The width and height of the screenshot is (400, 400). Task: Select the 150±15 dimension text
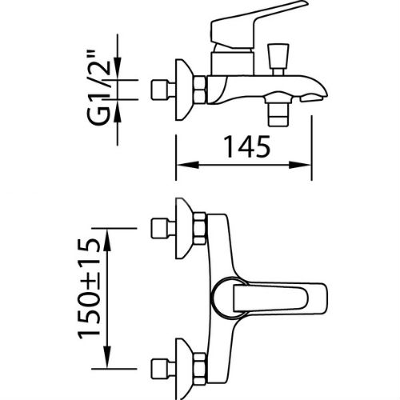tap(90, 289)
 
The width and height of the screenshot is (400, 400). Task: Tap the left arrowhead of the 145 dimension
tap(188, 165)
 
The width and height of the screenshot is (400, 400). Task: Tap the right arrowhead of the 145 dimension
tap(300, 165)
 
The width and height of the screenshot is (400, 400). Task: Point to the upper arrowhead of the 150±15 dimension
tap(107, 240)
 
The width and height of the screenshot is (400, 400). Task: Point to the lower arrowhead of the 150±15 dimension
tap(107, 357)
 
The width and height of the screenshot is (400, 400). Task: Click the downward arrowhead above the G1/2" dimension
tap(118, 69)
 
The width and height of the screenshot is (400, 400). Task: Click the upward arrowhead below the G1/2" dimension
tap(118, 110)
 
